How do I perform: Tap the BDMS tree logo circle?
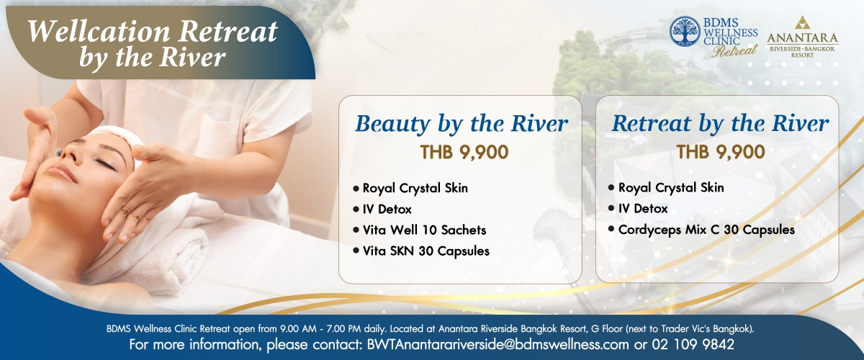685,31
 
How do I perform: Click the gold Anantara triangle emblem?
802,22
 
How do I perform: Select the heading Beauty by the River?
462,123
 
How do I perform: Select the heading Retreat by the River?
720,123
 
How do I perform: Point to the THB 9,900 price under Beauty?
464,152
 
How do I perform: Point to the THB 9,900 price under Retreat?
721,152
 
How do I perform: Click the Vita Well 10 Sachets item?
424,230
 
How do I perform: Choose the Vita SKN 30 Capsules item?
426,251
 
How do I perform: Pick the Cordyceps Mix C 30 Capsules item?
706,230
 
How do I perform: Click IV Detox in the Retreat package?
642,208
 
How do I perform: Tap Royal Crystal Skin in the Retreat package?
671,187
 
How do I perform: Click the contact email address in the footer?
498,344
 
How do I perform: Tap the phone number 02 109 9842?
693,344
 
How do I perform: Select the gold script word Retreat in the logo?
735,50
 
